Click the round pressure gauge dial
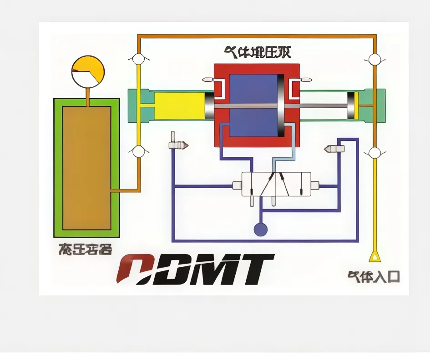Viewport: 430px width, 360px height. [x=88, y=72]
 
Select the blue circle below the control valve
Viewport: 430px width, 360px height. [x=260, y=230]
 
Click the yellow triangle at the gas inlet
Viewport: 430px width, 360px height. [x=374, y=257]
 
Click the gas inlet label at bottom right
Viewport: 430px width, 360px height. [x=374, y=276]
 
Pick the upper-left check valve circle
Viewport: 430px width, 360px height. [x=138, y=59]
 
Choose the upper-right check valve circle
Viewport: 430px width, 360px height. [x=374, y=59]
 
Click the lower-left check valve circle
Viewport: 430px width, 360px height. [x=138, y=151]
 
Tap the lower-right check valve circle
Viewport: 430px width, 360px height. [x=374, y=152]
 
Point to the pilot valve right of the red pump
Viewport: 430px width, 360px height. [x=334, y=149]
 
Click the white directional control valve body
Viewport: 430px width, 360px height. [x=276, y=184]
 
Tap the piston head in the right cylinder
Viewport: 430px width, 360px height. [x=351, y=106]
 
